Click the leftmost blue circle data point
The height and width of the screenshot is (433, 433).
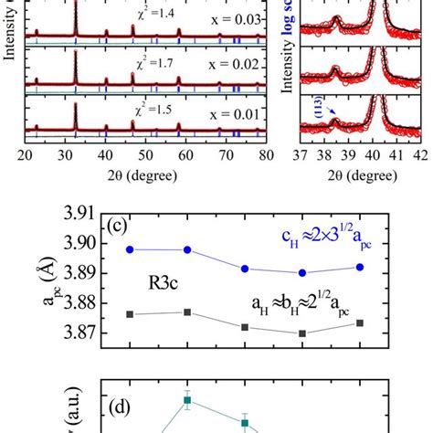(x=130, y=249)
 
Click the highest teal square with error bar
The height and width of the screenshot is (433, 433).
(x=187, y=399)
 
